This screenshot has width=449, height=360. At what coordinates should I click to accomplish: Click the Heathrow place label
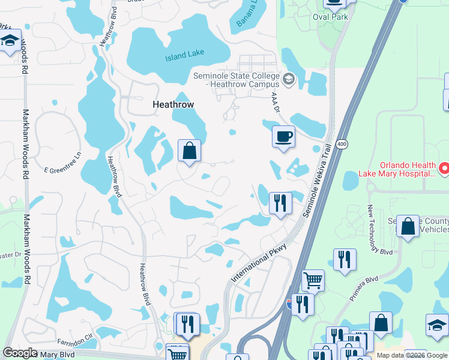[x=173, y=104]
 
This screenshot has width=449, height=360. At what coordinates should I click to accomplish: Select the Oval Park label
[x=330, y=17]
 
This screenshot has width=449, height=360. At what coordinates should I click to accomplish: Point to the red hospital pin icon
[x=443, y=169]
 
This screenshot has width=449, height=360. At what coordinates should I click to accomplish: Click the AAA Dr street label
[x=276, y=101]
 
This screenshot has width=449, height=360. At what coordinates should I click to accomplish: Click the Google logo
[x=20, y=353]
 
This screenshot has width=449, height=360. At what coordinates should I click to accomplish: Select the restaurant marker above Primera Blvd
[x=345, y=260]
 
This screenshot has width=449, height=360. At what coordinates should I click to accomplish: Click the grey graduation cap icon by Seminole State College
[x=289, y=79]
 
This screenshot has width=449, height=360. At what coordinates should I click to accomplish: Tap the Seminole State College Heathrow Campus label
[x=237, y=80]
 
